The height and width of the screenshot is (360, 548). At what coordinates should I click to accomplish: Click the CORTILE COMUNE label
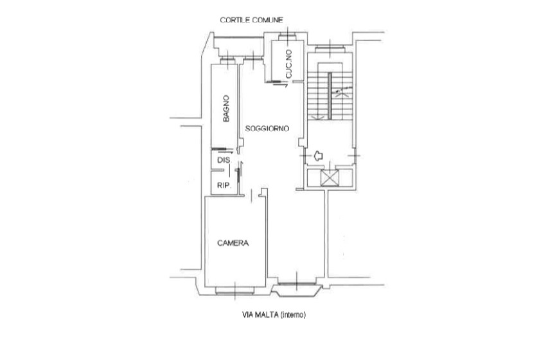(x=251, y=21)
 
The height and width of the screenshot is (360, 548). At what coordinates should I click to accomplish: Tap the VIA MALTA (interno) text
(x=274, y=315)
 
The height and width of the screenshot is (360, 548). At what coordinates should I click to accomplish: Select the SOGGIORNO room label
(x=267, y=129)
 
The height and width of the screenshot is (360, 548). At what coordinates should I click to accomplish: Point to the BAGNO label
(x=226, y=109)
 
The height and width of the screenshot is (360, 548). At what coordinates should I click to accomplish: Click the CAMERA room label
(x=233, y=243)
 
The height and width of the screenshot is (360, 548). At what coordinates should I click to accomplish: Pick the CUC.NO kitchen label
(x=288, y=64)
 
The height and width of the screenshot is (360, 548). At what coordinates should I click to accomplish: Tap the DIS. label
(x=224, y=160)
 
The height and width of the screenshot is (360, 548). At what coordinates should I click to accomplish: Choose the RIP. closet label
(x=224, y=186)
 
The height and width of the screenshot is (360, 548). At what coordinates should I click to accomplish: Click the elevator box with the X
(x=330, y=177)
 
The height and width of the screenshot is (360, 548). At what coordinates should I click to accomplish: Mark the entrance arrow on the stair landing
(x=318, y=156)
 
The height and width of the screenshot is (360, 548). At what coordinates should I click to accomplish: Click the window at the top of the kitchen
(x=288, y=37)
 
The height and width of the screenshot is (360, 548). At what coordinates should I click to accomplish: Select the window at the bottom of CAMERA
(x=235, y=291)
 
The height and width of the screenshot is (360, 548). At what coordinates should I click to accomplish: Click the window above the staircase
(x=330, y=48)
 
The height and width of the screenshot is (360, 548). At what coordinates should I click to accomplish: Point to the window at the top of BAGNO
(x=227, y=61)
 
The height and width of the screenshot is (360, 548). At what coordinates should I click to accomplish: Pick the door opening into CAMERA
(x=252, y=195)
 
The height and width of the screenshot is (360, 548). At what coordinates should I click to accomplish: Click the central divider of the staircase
(x=330, y=96)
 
